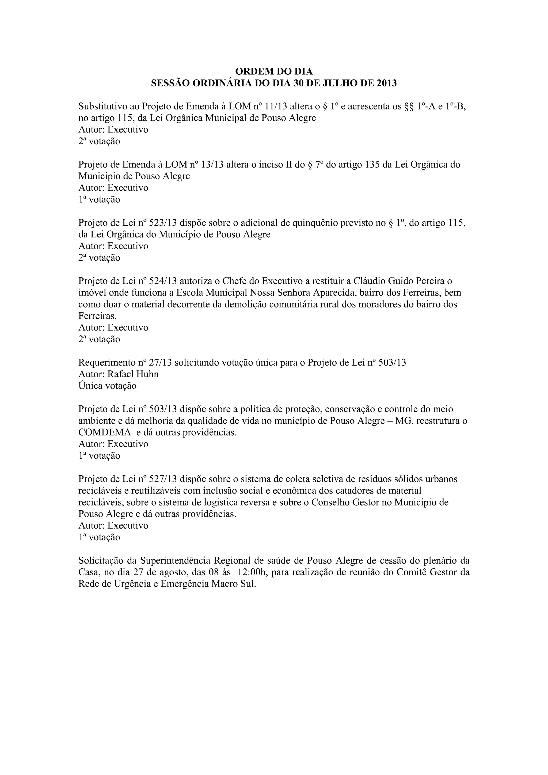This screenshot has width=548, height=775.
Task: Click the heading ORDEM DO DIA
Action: pyautogui.click(x=274, y=71)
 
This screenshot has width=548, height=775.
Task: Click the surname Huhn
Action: pyautogui.click(x=147, y=374)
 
